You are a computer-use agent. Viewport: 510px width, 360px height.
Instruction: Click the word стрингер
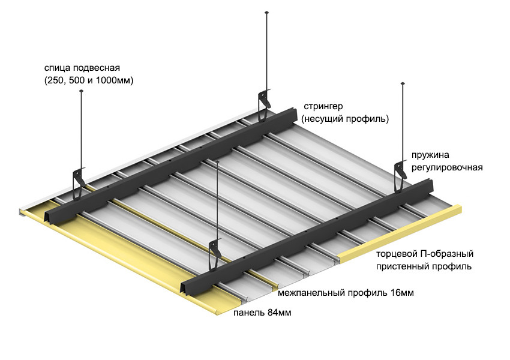coord(323,106)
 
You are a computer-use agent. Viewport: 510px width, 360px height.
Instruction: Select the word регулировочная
coord(447,166)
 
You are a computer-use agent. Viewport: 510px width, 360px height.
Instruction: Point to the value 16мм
coord(401,293)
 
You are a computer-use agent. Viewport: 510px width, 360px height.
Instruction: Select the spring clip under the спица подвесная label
coord(79,180)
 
